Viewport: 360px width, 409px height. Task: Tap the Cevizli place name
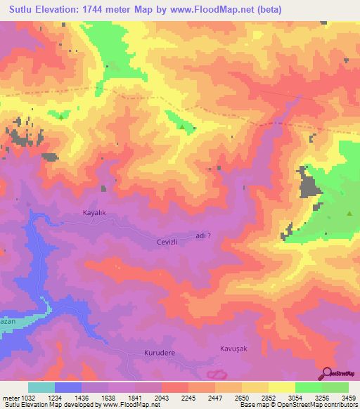(x=169, y=242)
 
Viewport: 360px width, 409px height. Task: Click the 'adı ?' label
(x=203, y=237)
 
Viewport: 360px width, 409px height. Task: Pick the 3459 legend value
(x=348, y=396)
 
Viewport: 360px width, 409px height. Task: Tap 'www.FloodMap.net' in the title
(x=235, y=9)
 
